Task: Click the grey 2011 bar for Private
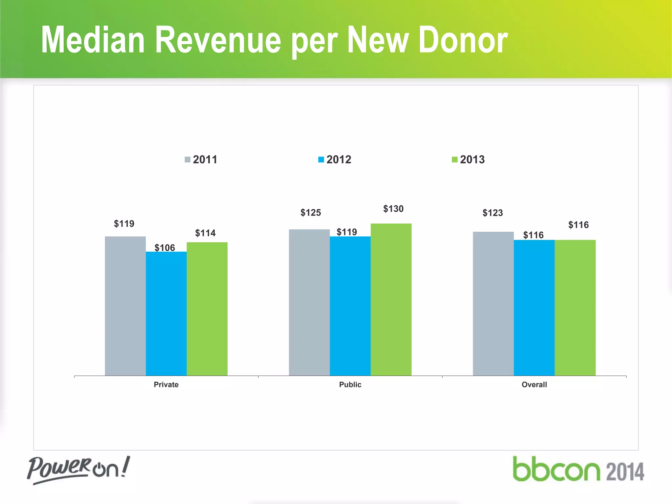point(125,306)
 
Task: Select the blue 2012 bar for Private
point(166,313)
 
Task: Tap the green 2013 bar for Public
point(391,299)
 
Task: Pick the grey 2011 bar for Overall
point(493,304)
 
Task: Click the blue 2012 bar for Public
point(350,306)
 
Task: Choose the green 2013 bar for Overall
point(575,307)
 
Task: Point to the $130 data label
point(393,209)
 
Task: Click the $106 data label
point(165,247)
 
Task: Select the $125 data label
point(310,213)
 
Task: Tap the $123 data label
point(493,213)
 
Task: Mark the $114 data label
point(205,233)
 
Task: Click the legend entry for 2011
point(201,159)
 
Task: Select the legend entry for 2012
point(335,159)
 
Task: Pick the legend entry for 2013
point(468,159)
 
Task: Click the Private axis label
point(166,385)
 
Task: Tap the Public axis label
point(350,385)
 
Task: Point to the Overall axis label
point(534,385)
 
